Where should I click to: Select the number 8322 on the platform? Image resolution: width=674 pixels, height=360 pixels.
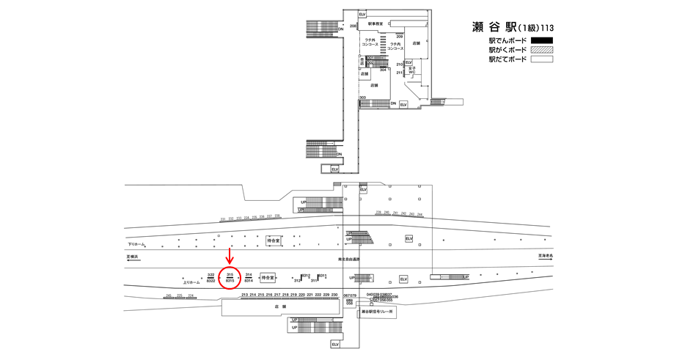[210, 281]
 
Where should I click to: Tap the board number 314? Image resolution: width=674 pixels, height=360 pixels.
[249, 274]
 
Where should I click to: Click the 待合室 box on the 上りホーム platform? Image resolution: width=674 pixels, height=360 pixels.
[268, 278]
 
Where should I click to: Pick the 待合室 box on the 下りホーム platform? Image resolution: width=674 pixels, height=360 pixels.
[274, 240]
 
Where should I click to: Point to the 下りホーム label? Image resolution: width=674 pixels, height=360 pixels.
[136, 244]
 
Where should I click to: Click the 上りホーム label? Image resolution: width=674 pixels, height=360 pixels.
[191, 282]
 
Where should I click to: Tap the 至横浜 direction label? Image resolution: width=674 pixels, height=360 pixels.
[133, 257]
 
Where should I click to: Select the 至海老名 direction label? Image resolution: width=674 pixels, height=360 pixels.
[546, 257]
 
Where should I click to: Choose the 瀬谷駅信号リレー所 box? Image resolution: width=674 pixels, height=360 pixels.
[378, 312]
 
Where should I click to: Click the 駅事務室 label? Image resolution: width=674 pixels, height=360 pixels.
[375, 23]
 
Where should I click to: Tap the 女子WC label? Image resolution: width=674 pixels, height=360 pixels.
[411, 71]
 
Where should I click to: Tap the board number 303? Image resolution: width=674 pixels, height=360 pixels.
[362, 98]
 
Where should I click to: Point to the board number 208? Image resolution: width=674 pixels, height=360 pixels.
[353, 26]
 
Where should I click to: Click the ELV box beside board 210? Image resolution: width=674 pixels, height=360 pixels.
[409, 62]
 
